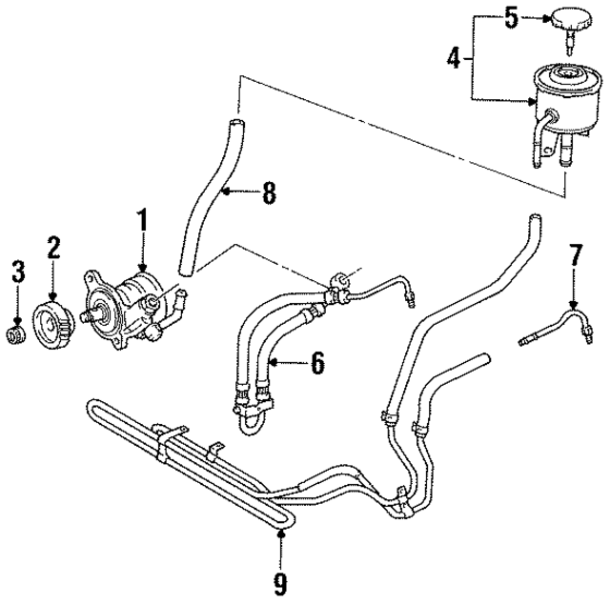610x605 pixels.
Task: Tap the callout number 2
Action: (x=53, y=249)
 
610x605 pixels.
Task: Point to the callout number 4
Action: (x=455, y=58)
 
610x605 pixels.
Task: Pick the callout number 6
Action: (x=316, y=362)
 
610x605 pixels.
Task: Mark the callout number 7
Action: (x=575, y=254)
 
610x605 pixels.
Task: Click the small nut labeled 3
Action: (x=15, y=334)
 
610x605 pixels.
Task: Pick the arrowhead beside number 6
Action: (x=274, y=362)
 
